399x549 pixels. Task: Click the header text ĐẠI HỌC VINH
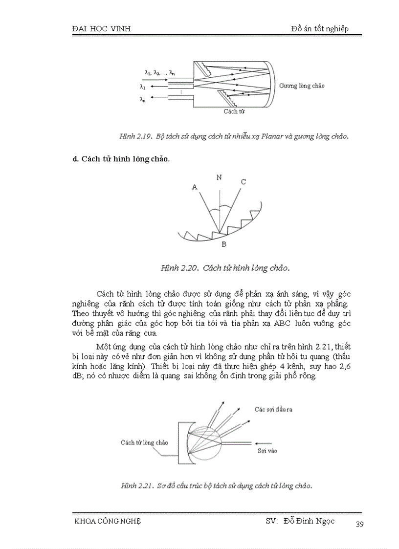[x=101, y=29]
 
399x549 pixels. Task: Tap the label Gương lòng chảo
[x=302, y=86]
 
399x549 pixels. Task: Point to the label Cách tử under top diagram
[x=234, y=111]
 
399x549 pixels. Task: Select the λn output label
[x=142, y=99]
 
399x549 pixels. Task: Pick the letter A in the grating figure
[x=194, y=187]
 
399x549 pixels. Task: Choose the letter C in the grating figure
[x=243, y=182]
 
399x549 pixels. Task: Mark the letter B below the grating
[x=223, y=244]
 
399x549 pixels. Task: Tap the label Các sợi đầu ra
[x=273, y=409]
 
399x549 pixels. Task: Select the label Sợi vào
[x=267, y=451]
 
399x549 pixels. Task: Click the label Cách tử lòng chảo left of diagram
[x=144, y=442]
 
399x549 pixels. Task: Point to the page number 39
[x=359, y=525]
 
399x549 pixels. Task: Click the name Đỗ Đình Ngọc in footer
[x=309, y=521]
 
